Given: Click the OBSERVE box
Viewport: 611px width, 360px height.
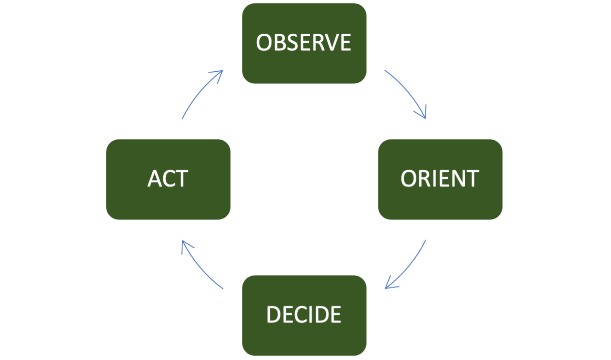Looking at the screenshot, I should tap(304, 43).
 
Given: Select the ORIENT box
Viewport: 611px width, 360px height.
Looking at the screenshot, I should tap(440, 179).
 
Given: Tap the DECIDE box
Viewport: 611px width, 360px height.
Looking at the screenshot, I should tap(304, 315).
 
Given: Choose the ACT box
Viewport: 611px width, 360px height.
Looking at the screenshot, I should tap(168, 179).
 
